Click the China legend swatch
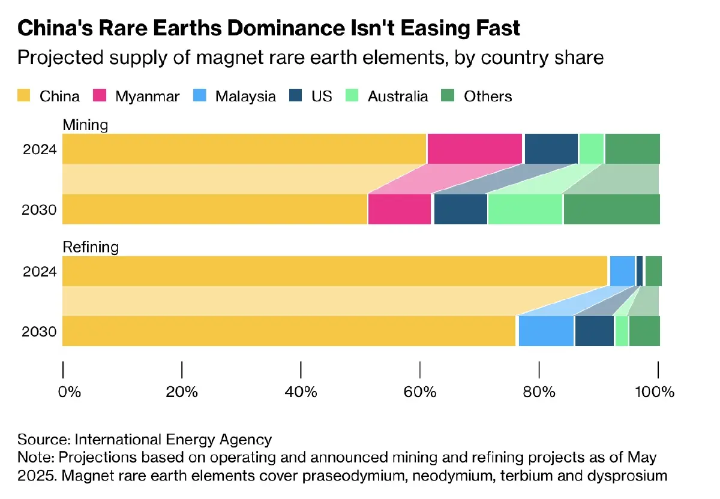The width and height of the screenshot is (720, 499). coord(24,96)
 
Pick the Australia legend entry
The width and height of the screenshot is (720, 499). coord(398,96)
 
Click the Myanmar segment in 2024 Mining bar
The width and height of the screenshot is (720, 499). coord(475,149)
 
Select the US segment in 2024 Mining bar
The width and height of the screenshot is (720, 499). coord(551,149)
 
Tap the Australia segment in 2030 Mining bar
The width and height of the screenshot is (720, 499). coord(525,209)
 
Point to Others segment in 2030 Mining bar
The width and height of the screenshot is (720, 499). coord(611,209)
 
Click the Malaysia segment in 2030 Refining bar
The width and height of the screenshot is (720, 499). coord(546,331)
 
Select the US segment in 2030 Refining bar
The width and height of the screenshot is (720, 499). coord(594,331)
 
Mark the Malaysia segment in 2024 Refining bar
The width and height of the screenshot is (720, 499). coord(622,271)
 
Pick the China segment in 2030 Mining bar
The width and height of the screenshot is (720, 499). coord(214,209)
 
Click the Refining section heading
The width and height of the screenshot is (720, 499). coord(91,247)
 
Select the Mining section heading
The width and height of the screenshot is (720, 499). coord(85,125)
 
